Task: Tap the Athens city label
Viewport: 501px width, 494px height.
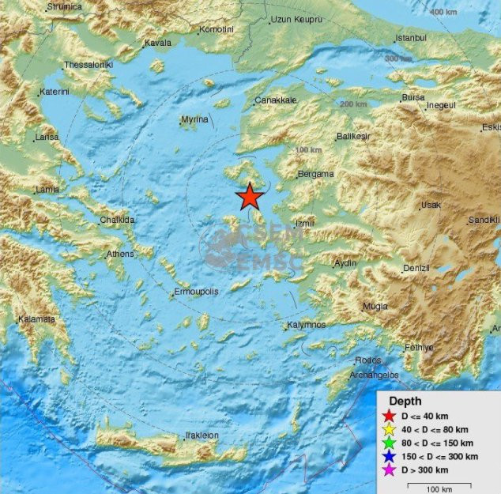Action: click(121, 255)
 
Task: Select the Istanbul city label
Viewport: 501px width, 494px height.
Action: click(411, 38)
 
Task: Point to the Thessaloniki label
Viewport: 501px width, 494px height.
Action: click(89, 64)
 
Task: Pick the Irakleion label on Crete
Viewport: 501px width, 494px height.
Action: click(202, 436)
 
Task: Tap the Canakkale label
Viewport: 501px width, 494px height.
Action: click(276, 101)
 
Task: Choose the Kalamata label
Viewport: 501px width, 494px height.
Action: click(37, 319)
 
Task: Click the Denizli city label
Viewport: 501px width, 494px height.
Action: click(416, 269)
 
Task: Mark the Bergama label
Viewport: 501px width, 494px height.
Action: click(315, 175)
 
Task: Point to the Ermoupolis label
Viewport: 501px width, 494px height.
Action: click(195, 292)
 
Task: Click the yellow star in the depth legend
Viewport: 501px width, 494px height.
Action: click(388, 430)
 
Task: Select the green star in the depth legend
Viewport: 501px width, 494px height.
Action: click(388, 443)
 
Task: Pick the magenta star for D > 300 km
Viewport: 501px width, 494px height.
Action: click(388, 469)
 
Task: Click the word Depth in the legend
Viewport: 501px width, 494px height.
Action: click(405, 402)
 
